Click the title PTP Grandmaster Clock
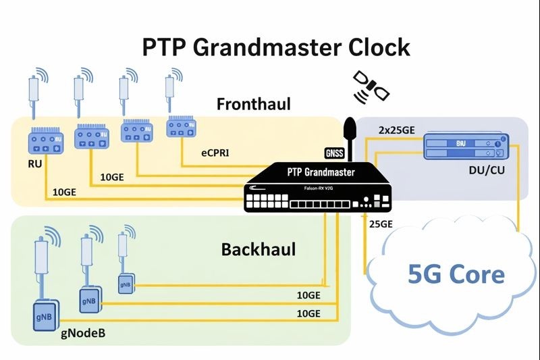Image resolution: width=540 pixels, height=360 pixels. coord(276,48)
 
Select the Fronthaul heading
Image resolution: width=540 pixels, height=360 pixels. coord(253,105)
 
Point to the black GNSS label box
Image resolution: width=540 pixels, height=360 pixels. coord(335,153)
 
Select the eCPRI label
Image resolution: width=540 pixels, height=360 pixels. coord(215,153)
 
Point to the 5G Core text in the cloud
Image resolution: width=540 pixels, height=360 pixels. coord(456,274)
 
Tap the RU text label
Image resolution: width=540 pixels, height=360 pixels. coord(35,163)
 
